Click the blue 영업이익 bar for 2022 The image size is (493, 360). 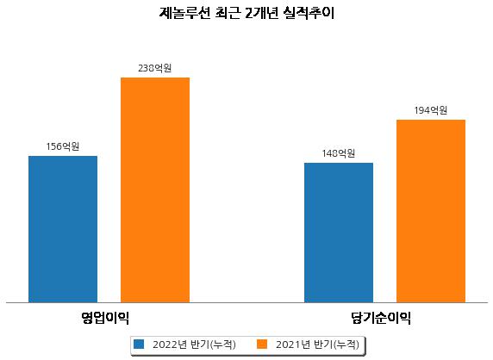63,229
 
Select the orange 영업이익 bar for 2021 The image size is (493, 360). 155,190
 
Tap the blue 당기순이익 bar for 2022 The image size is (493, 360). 339,233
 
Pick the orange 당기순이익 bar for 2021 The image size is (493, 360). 431,211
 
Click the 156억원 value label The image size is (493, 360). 63,146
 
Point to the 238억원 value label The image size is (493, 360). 155,68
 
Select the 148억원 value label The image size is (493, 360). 339,153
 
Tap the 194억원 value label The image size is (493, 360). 431,110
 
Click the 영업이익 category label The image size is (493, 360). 105,318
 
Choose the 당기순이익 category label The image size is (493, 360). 381,318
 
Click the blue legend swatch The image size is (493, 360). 139,344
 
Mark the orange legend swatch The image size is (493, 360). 262,344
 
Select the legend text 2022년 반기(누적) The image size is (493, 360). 194,344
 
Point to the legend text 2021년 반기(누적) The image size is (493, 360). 317,344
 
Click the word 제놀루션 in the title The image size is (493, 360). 184,13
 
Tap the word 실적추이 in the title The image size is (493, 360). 309,13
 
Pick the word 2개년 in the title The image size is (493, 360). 262,13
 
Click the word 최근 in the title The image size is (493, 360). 228,13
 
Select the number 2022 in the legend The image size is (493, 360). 165,344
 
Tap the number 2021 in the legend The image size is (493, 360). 288,344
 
